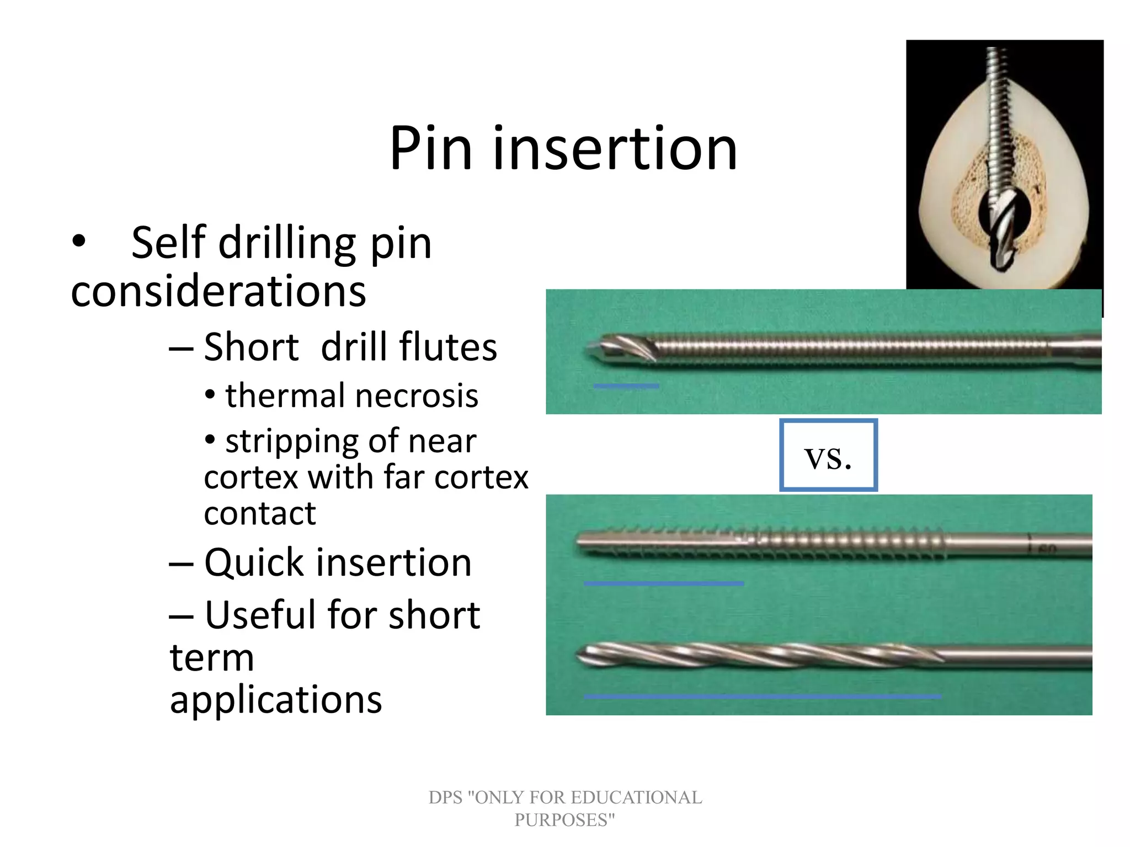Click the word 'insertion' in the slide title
click(x=615, y=149)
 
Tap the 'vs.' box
click(x=828, y=455)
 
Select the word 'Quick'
click(x=254, y=563)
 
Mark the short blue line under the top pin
click(x=626, y=386)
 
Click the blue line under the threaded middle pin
click(x=664, y=583)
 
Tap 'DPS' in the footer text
click(x=445, y=797)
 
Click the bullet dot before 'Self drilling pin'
click(x=79, y=241)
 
